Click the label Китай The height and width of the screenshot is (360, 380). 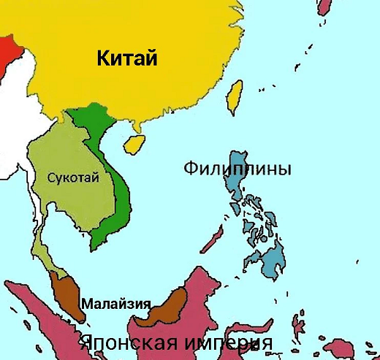(126, 58)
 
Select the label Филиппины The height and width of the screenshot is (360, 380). (237, 169)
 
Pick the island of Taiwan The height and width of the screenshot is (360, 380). (235, 98)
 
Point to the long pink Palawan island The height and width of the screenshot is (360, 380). (213, 238)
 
